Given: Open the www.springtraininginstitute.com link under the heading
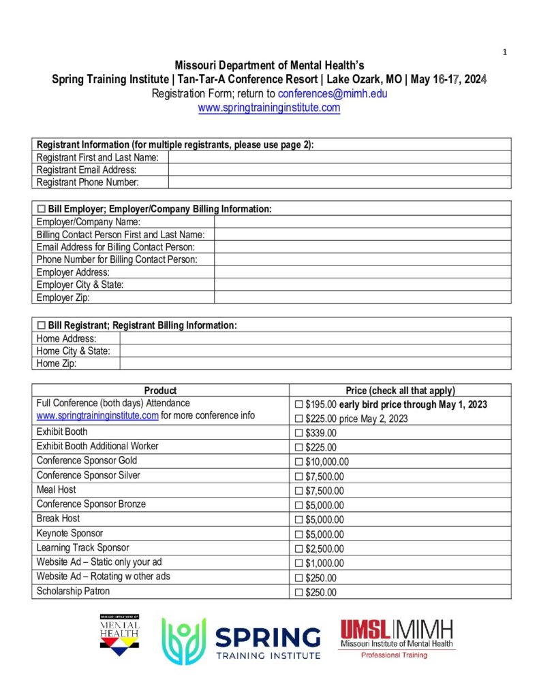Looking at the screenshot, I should (268, 108).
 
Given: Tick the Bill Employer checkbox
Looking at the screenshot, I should (42, 209).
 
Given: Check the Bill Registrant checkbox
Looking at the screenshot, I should (42, 325).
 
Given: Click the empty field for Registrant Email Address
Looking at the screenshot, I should (339, 169).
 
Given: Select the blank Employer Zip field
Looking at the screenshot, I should (362, 297).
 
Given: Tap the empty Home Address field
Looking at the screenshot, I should (315, 338).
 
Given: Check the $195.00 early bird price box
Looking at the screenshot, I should (298, 405).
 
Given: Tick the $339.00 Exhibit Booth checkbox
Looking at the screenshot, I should (298, 434).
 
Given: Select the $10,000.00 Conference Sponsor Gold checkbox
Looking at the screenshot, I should (298, 462).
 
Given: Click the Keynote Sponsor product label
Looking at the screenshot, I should (70, 533).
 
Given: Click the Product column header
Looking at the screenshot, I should (160, 391).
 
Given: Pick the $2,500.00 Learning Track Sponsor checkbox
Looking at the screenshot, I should (298, 549).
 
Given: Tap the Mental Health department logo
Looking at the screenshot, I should (120, 636).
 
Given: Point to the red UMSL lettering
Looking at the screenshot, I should (366, 630).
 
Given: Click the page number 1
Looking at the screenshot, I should (505, 52).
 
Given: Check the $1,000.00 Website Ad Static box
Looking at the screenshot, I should (298, 564).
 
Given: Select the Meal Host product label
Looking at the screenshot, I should (57, 489).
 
